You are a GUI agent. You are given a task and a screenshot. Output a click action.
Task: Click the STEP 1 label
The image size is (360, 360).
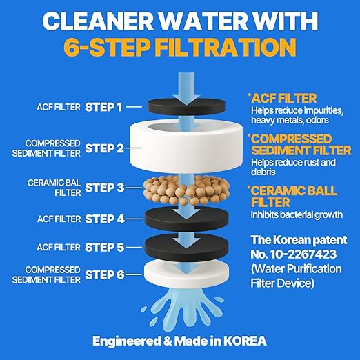[x=103, y=107]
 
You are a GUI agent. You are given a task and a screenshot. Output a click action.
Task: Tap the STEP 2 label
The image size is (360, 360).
[x=103, y=148]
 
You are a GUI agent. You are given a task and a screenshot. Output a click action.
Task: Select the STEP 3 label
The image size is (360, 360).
[x=103, y=187]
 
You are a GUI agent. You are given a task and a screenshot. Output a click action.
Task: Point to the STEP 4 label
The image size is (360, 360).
[x=103, y=219]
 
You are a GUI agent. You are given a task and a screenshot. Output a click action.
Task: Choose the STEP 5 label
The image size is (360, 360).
[x=103, y=246]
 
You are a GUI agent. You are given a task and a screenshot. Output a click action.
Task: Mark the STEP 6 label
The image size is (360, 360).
[x=103, y=274]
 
